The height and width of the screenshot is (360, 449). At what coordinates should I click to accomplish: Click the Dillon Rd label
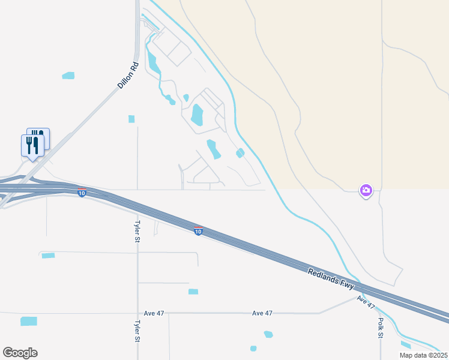pos(128,76)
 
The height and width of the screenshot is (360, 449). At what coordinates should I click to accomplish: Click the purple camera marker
pos(366,191)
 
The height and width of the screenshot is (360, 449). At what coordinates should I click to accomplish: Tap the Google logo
pos(20,353)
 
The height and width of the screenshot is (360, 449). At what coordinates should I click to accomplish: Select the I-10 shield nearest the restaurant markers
pos(82,193)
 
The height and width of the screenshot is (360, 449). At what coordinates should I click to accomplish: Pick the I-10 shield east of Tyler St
pos(198,231)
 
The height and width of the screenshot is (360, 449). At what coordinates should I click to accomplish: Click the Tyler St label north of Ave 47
pos(137,230)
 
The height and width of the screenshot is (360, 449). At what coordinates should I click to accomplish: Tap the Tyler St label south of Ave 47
pos(137,331)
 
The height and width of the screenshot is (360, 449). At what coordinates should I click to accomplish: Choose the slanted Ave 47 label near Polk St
pos(366,302)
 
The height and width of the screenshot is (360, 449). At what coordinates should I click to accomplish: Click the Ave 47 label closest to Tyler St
pos(154,313)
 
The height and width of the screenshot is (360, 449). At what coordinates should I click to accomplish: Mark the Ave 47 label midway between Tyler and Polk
pos(262,313)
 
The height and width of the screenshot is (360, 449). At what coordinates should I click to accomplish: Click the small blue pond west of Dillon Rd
pos(68,76)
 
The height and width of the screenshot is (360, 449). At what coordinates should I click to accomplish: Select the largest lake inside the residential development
pos(197,114)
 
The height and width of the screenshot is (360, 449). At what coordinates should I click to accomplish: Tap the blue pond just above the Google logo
pos(29,321)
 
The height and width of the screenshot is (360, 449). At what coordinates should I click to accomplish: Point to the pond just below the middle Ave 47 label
pos(268,334)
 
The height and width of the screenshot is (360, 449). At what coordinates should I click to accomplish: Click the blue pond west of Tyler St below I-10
pos(48,256)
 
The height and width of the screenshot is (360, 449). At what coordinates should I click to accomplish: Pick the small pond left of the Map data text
pos(406,344)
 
